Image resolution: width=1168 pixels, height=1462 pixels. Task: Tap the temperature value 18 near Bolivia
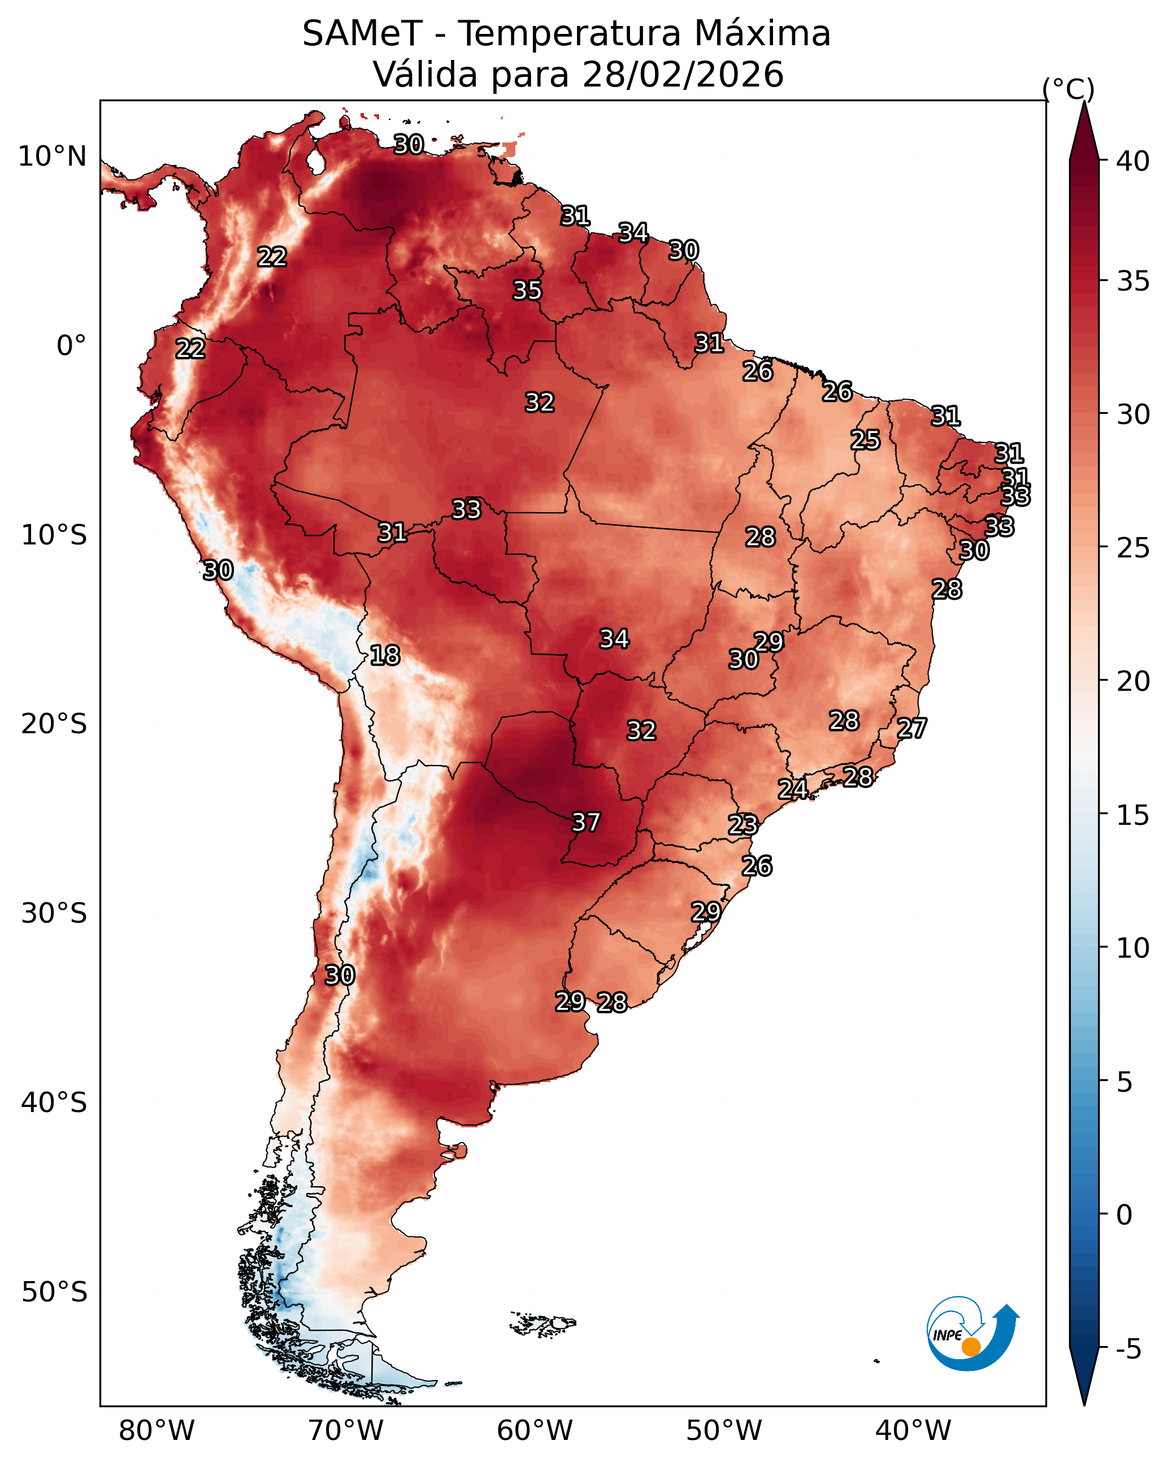385,656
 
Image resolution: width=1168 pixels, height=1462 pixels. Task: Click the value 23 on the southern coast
743,825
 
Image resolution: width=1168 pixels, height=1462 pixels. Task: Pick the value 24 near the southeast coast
792,789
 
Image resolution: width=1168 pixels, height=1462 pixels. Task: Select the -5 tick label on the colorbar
1128,1349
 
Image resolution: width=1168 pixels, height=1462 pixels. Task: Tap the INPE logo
971,1333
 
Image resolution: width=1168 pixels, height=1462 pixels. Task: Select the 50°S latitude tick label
54,1292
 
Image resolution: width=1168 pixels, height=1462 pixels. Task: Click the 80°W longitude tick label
157,1431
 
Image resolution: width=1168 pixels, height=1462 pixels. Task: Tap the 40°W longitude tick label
913,1431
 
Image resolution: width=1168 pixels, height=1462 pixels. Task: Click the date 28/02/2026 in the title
683,75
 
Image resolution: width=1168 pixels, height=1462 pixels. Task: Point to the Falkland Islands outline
542,1323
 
